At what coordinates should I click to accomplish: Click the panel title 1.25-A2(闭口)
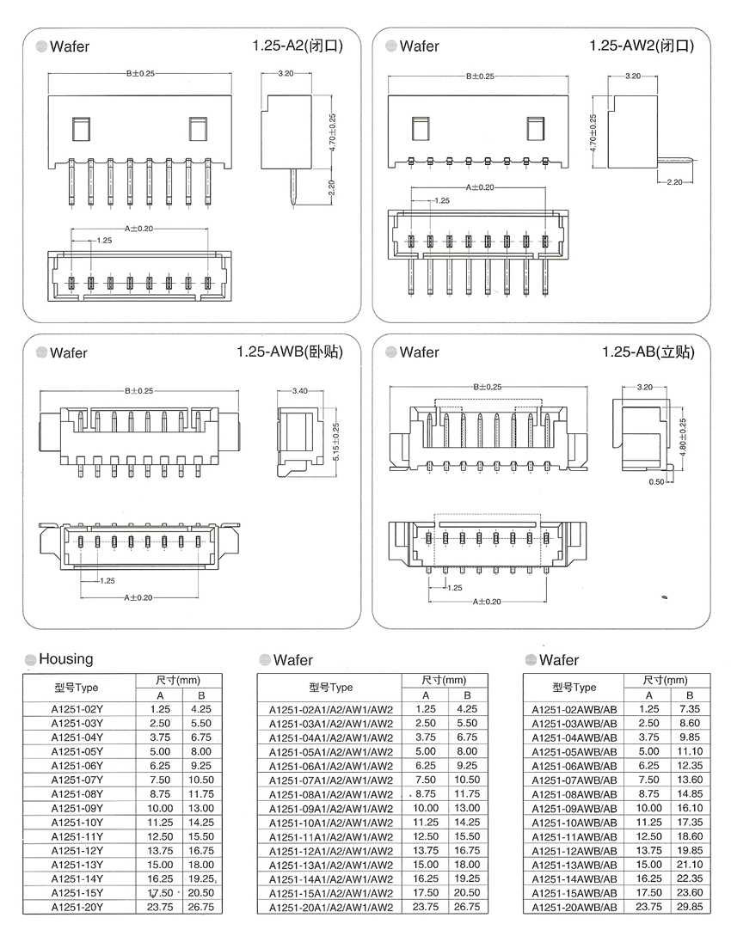(298, 46)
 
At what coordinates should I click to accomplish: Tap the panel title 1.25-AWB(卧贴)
(292, 352)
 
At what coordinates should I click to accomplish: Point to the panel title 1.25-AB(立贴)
(647, 352)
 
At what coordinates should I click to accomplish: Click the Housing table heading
(66, 659)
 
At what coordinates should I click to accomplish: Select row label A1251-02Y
(77, 710)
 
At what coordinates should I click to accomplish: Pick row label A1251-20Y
(77, 906)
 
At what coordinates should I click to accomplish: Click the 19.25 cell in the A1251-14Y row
(200, 878)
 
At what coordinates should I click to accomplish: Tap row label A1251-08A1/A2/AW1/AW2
(331, 794)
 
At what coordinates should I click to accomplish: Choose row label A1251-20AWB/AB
(574, 907)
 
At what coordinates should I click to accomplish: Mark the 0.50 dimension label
(657, 481)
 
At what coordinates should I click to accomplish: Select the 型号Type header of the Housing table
(77, 688)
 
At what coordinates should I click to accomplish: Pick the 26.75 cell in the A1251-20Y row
(200, 906)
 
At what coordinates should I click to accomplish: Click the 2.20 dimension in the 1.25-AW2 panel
(673, 181)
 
